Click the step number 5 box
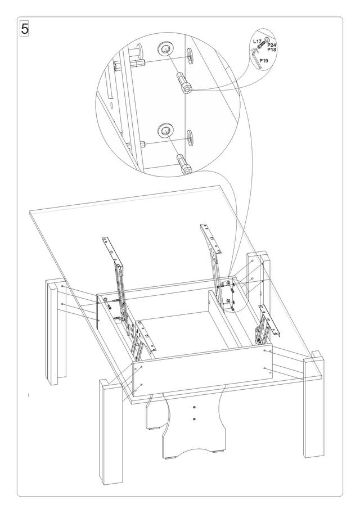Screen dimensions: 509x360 tap(24, 29)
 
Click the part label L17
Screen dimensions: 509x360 tap(256, 42)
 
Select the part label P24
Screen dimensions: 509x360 tap(271, 45)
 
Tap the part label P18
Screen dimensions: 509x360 tap(271, 50)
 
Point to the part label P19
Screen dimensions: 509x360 tap(264, 59)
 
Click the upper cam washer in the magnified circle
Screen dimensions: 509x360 tap(165, 50)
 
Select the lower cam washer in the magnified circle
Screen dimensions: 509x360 tap(165, 131)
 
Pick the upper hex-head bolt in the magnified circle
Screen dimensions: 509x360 tap(186, 83)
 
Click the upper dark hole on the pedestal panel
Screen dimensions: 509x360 tap(194, 407)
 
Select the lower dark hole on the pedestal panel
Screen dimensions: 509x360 tap(194, 418)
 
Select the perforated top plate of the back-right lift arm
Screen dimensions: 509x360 tap(209, 235)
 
